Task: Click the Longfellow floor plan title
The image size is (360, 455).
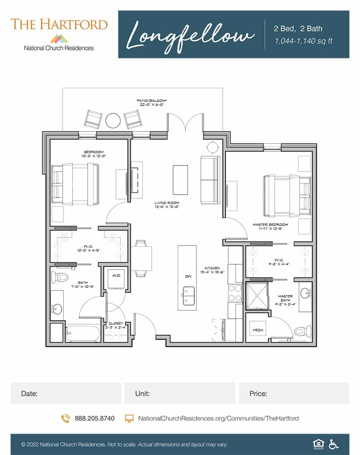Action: (x=191, y=35)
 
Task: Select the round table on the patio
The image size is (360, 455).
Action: (x=113, y=120)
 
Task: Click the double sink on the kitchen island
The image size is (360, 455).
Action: (x=187, y=296)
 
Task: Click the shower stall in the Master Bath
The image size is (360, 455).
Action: (x=258, y=296)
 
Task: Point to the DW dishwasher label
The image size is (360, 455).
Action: (x=187, y=276)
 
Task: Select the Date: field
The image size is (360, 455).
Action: (x=66, y=393)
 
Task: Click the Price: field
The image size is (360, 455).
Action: (x=294, y=393)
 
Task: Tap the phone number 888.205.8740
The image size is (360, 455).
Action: (x=94, y=418)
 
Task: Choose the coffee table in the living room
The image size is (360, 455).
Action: (x=180, y=179)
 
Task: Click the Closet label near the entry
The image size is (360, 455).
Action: (x=116, y=325)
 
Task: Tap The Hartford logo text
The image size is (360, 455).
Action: (x=59, y=24)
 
